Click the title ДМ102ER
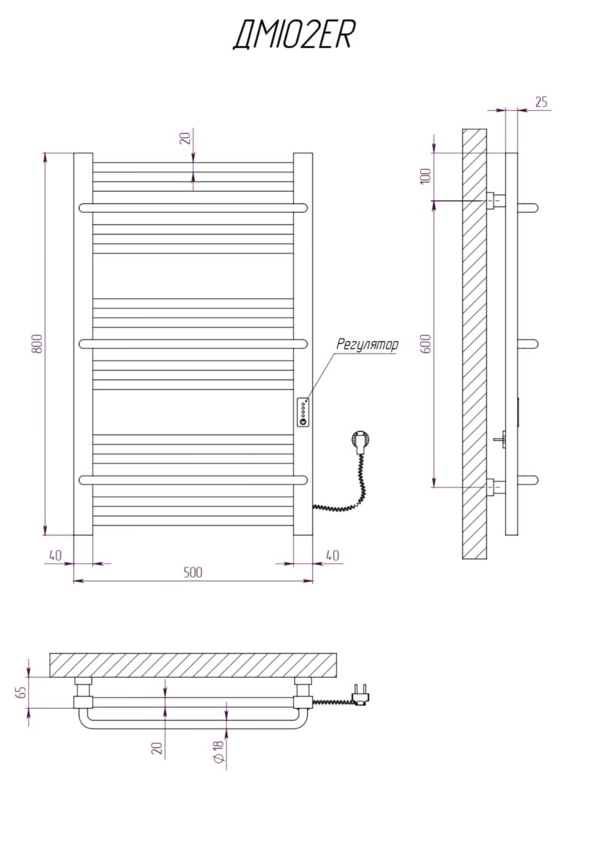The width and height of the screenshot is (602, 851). (293, 35)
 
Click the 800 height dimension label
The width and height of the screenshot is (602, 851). (37, 344)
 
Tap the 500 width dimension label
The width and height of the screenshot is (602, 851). (193, 572)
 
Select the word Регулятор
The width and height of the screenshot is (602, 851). (367, 344)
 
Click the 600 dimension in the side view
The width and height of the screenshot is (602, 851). (426, 344)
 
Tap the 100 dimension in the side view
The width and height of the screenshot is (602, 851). (426, 176)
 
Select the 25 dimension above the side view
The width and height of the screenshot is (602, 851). (541, 102)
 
